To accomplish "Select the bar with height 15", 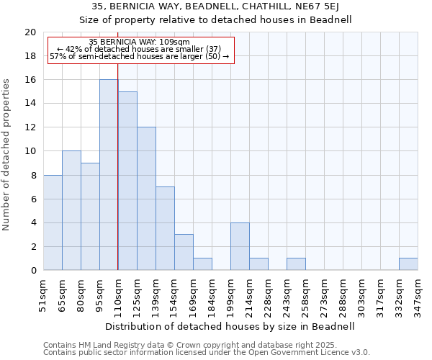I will click(127, 181).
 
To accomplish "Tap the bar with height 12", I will click(146, 199).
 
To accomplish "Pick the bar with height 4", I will click(240, 246).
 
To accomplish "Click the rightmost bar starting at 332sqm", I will click(408, 264).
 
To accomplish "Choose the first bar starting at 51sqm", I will click(53, 222).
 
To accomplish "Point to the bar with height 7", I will click(165, 228).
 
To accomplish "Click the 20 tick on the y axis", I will click(30, 32).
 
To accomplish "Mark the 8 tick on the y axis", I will click(33, 175).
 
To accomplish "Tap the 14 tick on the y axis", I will click(30, 104).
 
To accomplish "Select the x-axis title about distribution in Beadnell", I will click(230, 326).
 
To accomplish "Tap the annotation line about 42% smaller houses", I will click(139, 49).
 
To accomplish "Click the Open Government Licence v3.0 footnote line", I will click(207, 352).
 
